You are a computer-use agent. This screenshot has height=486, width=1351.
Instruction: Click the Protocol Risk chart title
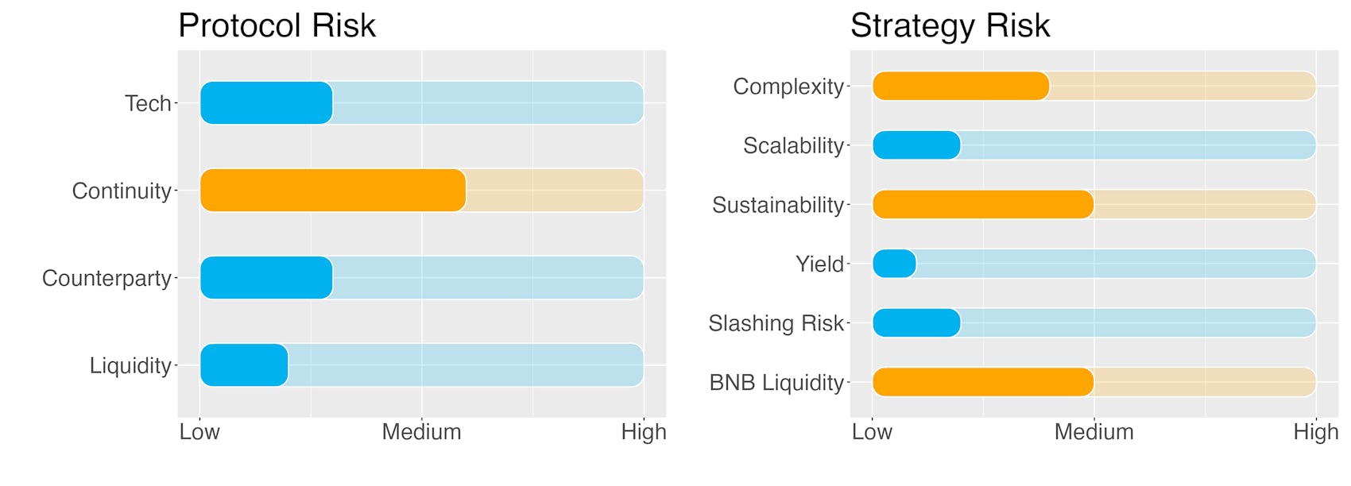point(277,26)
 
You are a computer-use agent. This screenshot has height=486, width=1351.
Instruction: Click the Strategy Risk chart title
point(950,26)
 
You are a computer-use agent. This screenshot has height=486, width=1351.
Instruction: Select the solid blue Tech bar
point(266,103)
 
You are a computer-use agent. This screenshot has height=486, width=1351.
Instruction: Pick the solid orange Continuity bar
point(333,191)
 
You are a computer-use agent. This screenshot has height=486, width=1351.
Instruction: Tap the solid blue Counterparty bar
point(266,278)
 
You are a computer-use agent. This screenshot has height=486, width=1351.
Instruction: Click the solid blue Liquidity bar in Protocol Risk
point(244,365)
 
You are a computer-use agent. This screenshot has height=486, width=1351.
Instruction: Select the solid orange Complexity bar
point(961,87)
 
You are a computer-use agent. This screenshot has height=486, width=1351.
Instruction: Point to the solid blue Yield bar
point(894,264)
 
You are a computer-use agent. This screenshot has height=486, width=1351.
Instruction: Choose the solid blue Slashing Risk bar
point(917,323)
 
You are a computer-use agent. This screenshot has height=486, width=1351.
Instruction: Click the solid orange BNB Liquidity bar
point(983,382)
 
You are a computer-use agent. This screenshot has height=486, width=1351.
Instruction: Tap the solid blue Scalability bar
point(917,145)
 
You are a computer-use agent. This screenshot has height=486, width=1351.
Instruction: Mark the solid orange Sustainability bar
point(983,205)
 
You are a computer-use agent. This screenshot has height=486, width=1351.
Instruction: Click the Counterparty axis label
point(106,279)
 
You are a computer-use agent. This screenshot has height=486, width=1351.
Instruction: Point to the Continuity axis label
point(122,191)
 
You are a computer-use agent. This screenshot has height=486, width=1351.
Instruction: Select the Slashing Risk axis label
point(776,323)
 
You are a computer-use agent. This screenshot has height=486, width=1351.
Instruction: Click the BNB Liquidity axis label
point(777,383)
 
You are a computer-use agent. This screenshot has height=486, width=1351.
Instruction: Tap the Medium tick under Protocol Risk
point(421,432)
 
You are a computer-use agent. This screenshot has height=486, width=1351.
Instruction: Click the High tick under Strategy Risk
point(1316,432)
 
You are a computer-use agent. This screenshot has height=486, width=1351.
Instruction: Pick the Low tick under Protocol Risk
point(199,432)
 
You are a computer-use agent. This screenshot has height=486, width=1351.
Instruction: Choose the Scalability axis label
point(794,146)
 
